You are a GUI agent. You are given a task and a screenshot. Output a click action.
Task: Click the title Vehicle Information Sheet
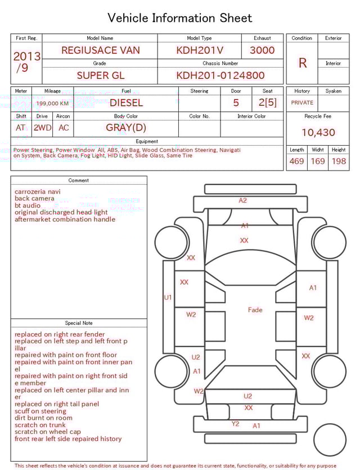point(180,18)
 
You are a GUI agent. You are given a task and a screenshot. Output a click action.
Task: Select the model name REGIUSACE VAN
point(101,50)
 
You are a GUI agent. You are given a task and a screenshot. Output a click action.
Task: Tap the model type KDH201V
point(200,50)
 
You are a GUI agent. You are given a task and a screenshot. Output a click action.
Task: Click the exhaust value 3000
point(262,50)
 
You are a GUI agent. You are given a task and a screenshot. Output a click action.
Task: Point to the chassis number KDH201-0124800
point(220,75)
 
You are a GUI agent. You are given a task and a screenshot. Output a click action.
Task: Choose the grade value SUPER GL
point(101,75)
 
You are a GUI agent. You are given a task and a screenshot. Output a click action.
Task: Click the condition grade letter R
point(302,63)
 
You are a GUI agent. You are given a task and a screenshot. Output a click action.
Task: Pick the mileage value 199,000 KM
point(52,104)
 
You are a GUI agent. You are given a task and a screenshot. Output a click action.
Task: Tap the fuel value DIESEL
point(126,103)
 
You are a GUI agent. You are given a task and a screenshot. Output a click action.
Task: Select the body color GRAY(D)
point(126,127)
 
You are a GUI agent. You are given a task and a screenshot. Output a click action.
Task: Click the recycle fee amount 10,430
point(318,133)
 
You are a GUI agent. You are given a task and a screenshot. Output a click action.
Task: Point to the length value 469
point(296,162)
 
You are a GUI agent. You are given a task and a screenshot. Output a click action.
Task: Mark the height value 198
point(339,162)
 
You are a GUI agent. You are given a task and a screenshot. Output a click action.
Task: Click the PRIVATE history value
point(302,103)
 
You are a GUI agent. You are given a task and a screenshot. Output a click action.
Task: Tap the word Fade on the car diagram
point(255,310)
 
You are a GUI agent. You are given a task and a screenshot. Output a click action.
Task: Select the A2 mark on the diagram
point(242,200)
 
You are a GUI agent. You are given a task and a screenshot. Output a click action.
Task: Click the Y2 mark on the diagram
point(236,424)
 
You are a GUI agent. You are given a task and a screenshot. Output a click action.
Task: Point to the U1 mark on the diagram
point(168,297)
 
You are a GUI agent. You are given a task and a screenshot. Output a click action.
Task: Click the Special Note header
point(79,323)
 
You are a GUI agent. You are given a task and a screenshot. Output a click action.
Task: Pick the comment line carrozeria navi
point(38,192)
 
